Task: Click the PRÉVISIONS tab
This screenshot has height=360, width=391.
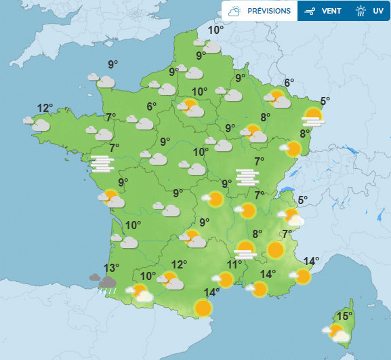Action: coord(260,11)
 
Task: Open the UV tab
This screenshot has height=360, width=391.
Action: coord(369,11)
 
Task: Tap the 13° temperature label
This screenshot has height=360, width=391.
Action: coord(111,268)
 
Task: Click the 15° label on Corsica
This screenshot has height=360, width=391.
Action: coord(345,316)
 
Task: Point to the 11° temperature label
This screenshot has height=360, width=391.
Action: coord(234,264)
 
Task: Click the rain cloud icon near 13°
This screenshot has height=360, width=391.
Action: coord(104,281)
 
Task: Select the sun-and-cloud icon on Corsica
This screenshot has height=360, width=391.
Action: coord(336,332)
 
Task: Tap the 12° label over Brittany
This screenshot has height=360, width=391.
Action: coord(45,108)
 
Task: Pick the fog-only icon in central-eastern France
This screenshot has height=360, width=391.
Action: coord(247,177)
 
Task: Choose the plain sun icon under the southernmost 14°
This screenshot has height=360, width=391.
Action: coord(203,308)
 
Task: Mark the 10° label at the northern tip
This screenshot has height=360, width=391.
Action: coord(215,30)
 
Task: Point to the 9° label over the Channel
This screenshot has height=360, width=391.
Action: coord(112,65)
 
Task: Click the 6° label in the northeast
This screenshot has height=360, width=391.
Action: coord(289,83)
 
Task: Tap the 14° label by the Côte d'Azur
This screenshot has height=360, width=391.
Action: coord(311,261)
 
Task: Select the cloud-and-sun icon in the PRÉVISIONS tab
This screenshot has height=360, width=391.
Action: coord(234,11)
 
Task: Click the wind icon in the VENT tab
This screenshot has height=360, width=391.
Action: coord(310,11)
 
